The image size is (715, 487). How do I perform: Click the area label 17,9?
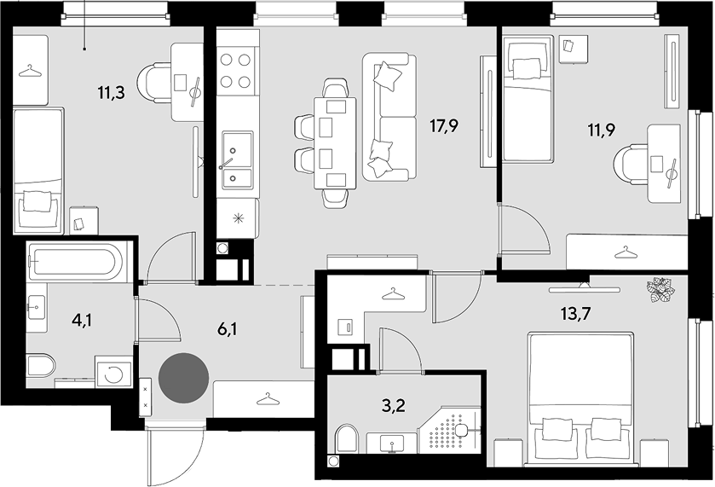[444, 126]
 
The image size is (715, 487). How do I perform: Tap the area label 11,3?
[112, 94]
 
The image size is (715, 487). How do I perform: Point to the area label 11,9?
[602, 130]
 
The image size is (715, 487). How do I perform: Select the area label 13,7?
[575, 314]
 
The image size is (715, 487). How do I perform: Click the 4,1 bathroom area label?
[82, 321]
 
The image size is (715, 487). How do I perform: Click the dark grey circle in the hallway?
[184, 378]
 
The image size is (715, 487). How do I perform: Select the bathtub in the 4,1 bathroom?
[75, 261]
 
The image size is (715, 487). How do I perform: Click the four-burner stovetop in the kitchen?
[235, 71]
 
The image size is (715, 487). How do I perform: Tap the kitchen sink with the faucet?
[237, 159]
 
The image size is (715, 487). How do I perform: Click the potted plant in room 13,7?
[659, 289]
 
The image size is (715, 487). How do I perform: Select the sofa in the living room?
[389, 117]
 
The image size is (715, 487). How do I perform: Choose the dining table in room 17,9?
[335, 143]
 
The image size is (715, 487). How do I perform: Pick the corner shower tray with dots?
[449, 429]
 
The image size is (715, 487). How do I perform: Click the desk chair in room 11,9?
[631, 164]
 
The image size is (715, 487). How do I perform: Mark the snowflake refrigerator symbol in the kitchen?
[238, 218]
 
